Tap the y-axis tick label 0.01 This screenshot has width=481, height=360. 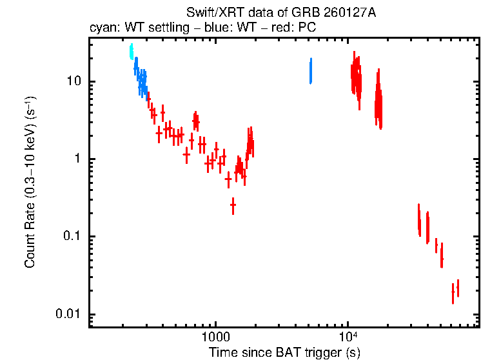pos(67,314)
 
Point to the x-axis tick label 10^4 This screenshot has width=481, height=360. pos(348,337)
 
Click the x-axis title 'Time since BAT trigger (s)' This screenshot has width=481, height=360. pos(284,353)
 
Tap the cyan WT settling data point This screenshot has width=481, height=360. pos(132,52)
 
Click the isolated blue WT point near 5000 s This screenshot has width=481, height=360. pos(311,71)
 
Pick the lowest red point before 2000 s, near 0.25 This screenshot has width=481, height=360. pos(233,205)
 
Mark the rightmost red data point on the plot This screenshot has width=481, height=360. pos(458,288)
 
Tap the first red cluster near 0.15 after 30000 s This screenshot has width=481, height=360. pos(419,221)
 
